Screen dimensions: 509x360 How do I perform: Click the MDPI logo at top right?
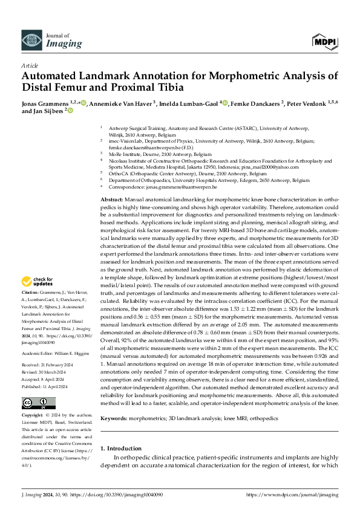(x=326, y=41)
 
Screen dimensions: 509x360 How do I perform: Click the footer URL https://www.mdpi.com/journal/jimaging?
(x=292, y=495)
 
